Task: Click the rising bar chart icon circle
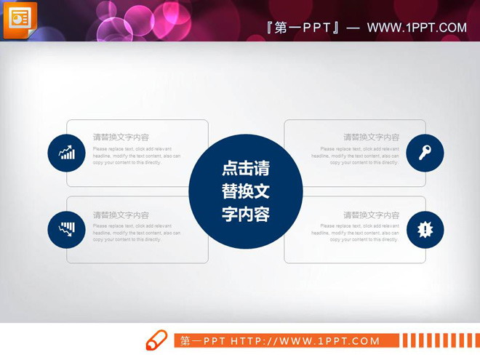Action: click(67, 153)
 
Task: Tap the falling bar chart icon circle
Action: click(67, 229)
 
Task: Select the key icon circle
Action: click(425, 153)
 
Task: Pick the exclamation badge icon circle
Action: click(425, 229)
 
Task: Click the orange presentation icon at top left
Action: click(20, 19)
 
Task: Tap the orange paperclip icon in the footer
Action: click(156, 340)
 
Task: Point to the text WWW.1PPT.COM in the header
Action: click(417, 28)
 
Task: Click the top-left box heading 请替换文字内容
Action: click(121, 137)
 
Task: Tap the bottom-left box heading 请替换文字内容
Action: click(121, 215)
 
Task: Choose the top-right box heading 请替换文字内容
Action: click(371, 137)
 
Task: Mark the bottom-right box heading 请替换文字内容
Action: click(371, 215)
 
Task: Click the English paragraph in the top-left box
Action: click(137, 156)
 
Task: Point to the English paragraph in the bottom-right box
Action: click(356, 233)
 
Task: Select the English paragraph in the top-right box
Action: click(356, 156)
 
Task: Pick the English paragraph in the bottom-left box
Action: click(137, 233)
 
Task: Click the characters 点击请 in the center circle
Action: click(245, 169)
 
